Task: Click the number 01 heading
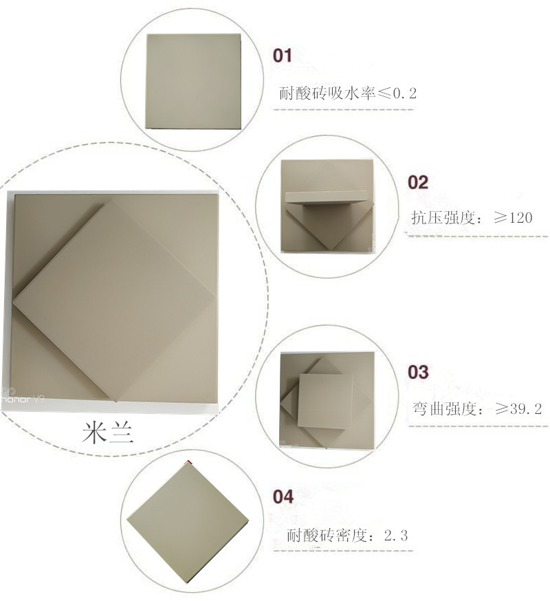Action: [x=283, y=56]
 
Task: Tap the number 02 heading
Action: [x=418, y=182]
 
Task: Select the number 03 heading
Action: [x=418, y=372]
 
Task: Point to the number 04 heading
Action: [x=283, y=496]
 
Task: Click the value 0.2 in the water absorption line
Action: [x=405, y=93]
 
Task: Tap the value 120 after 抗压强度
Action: [x=518, y=218]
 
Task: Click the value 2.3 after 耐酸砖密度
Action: [x=395, y=535]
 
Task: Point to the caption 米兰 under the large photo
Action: [x=108, y=433]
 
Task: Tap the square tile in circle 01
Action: [x=193, y=81]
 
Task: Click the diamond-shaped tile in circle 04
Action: [x=188, y=523]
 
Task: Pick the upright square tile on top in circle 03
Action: [x=325, y=401]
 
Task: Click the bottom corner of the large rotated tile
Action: [x=115, y=402]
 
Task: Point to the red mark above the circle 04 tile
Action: [x=188, y=463]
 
